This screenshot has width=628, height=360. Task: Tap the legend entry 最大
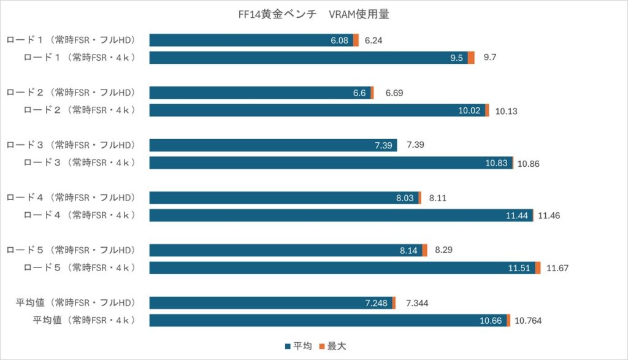(x=332, y=347)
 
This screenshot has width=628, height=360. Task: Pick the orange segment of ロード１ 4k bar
(x=471, y=58)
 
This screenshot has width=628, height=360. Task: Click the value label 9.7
(x=489, y=58)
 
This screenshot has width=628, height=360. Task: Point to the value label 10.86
(x=529, y=164)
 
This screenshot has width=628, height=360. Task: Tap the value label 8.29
(x=444, y=250)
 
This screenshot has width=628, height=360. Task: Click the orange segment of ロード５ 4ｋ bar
(x=538, y=268)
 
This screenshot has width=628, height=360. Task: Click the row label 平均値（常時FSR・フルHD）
(x=75, y=302)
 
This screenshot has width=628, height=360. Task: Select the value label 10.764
(x=528, y=321)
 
